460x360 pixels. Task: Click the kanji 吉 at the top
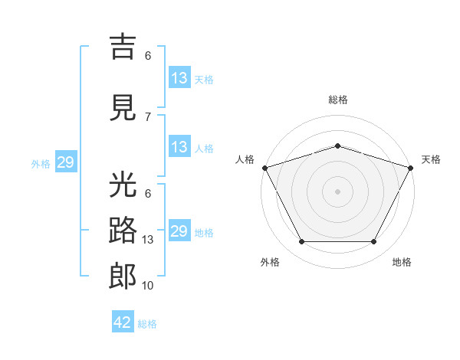(123, 47)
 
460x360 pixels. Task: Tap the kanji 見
(123, 107)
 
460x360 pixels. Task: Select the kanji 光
(123, 184)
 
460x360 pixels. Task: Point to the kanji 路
(123, 230)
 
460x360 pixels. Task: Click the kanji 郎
(123, 277)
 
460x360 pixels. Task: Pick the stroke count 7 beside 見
(148, 117)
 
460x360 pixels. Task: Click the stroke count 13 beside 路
(147, 240)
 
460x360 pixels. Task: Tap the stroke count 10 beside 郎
(147, 286)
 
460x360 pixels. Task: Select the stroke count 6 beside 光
(148, 194)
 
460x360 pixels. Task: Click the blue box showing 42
(123, 321)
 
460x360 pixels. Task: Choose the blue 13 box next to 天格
(179, 77)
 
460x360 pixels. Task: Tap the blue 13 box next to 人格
(179, 146)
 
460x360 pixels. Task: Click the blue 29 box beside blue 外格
(66, 162)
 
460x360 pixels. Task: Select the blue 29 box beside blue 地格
(179, 230)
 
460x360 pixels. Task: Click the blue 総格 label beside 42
(147, 324)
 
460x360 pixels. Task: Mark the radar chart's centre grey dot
(337, 191)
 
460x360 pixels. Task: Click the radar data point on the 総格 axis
(337, 146)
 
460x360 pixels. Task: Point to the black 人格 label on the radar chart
(245, 159)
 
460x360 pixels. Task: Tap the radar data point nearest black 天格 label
(411, 168)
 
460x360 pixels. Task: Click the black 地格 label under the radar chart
(402, 262)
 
